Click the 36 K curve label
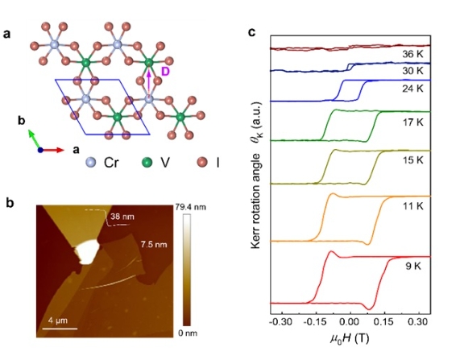coord(412,54)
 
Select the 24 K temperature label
coord(412,89)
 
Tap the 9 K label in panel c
coord(413,266)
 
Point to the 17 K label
coord(412,122)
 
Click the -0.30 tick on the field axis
coord(280,322)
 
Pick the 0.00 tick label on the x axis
coord(349,322)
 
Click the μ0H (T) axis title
coord(350,339)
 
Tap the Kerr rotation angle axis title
coord(256,175)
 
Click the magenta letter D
coord(165,72)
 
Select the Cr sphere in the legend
coord(91,162)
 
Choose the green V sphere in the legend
coord(147,162)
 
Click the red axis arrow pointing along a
coord(54,150)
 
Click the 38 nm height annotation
coord(122,217)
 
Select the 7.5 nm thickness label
coord(154,244)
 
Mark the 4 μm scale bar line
coord(60,329)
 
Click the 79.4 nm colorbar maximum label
coord(191,207)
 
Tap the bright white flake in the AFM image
coord(86,251)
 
